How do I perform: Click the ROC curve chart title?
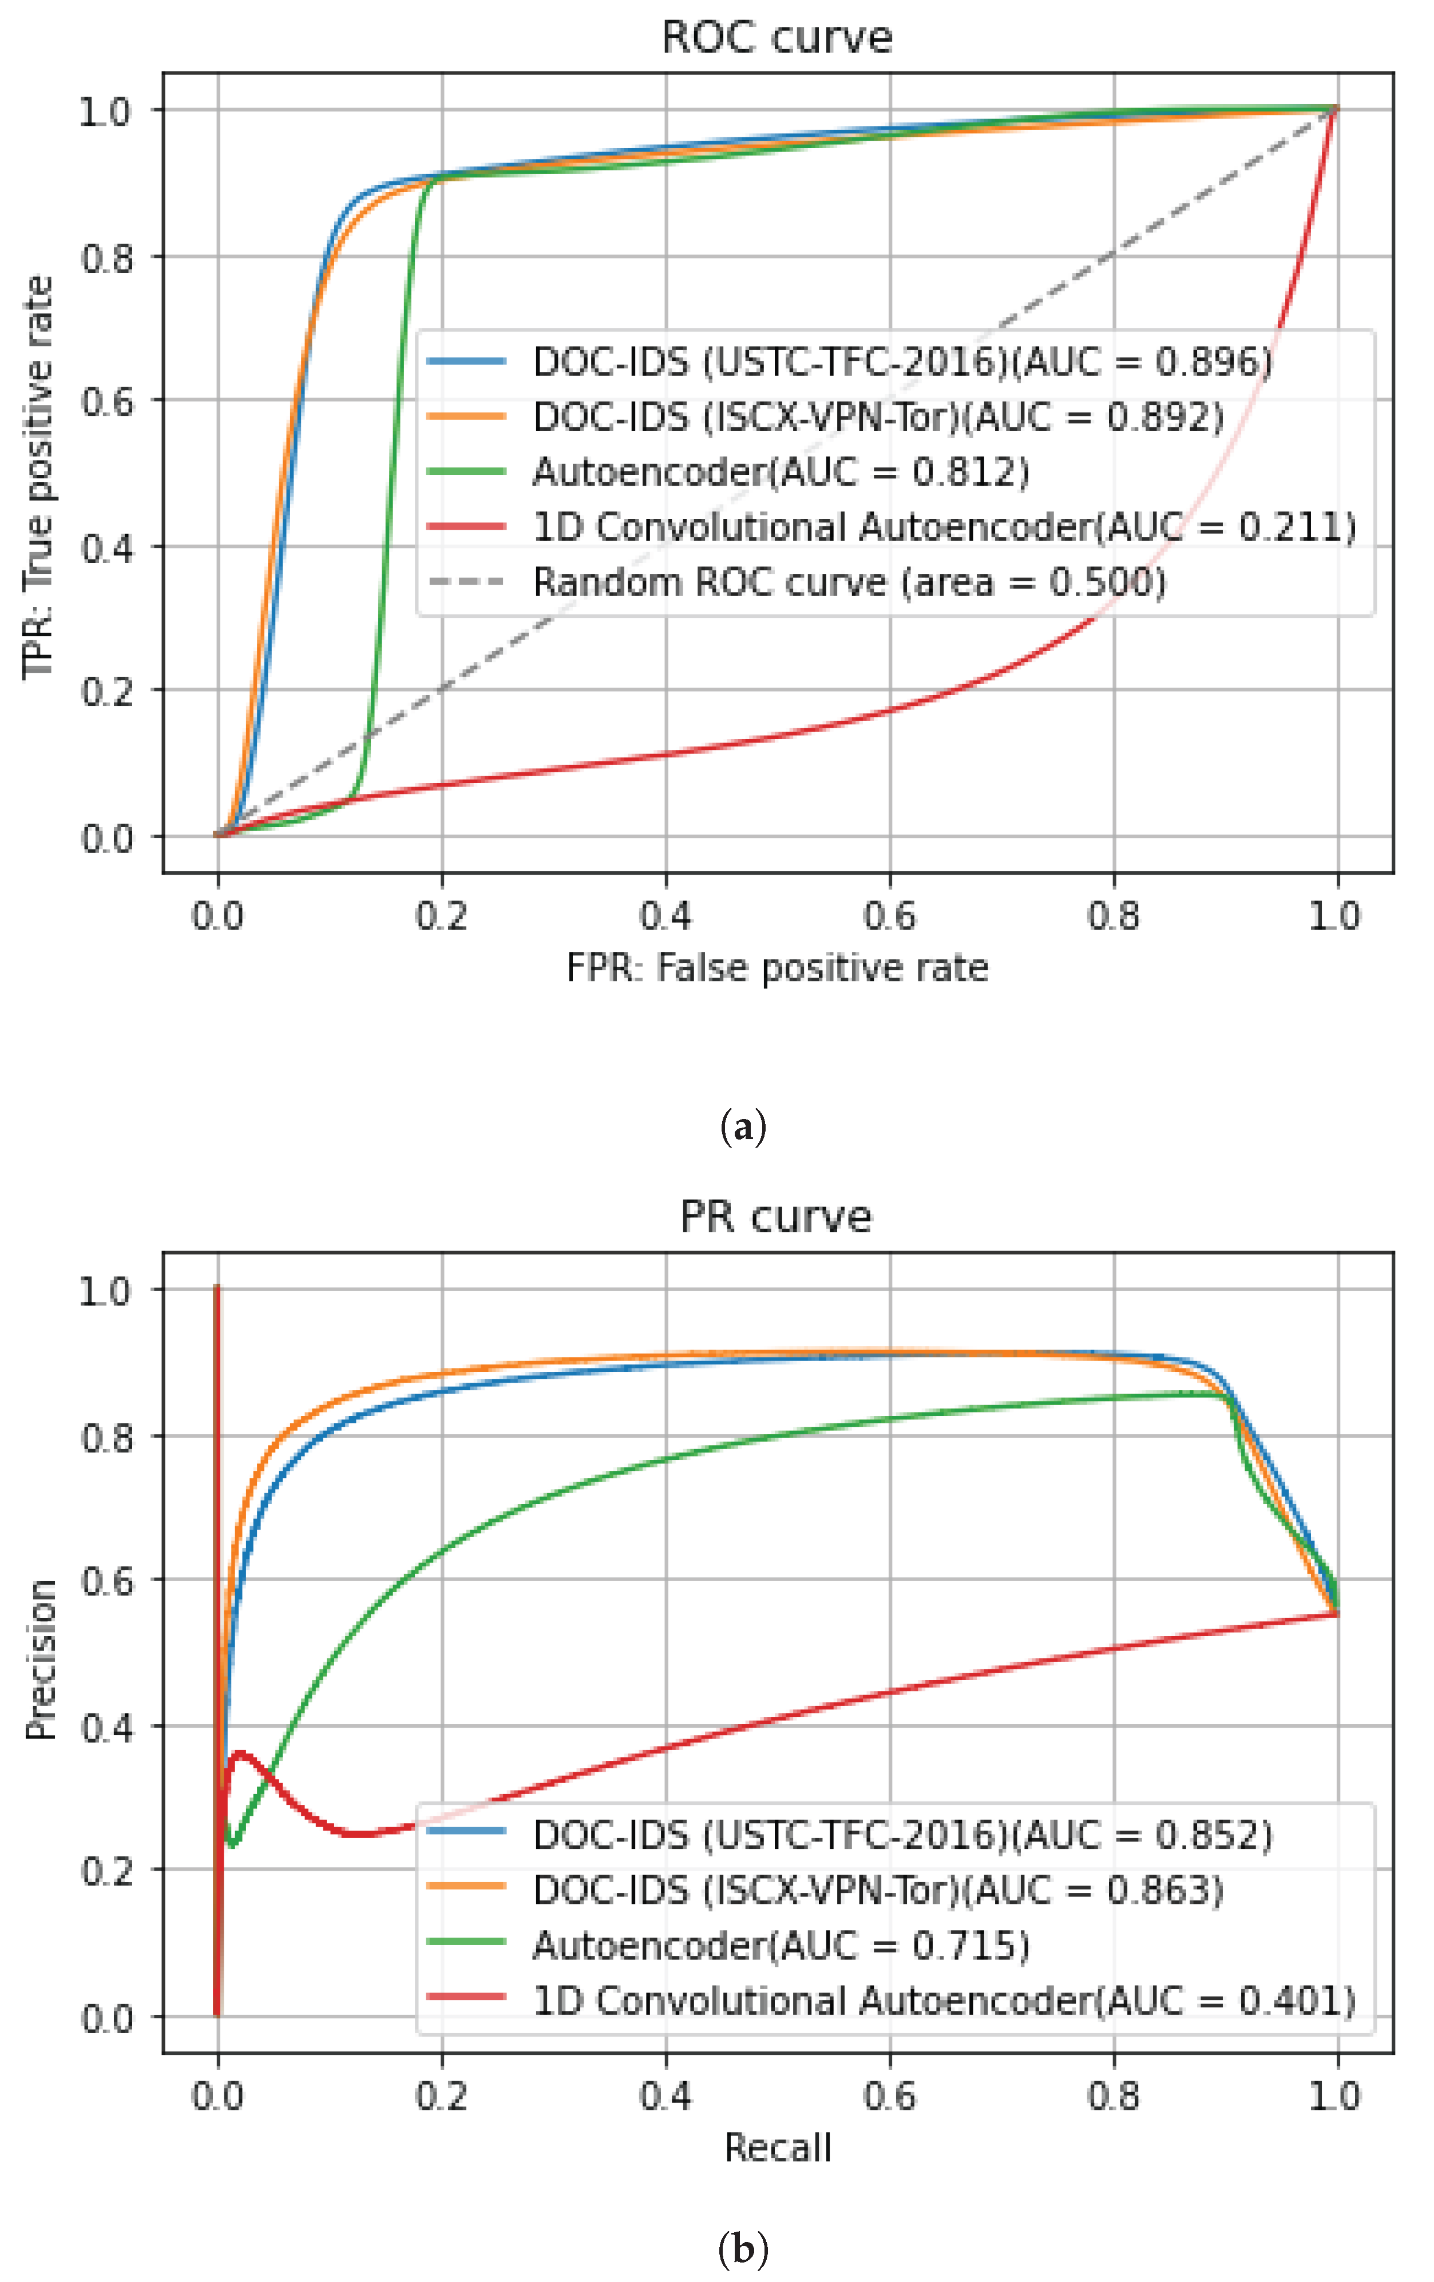click(777, 38)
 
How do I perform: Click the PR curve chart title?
click(775, 1217)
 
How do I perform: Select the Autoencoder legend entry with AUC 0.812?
click(780, 472)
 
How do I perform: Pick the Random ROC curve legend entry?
click(848, 582)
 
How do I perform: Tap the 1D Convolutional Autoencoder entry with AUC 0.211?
click(943, 527)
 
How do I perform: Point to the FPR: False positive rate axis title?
click(777, 967)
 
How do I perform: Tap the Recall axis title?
click(777, 2148)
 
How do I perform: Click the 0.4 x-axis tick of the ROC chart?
click(665, 915)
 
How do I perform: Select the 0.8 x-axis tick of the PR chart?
click(1114, 2096)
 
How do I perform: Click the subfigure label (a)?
click(743, 1128)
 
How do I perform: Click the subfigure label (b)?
click(743, 2248)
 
